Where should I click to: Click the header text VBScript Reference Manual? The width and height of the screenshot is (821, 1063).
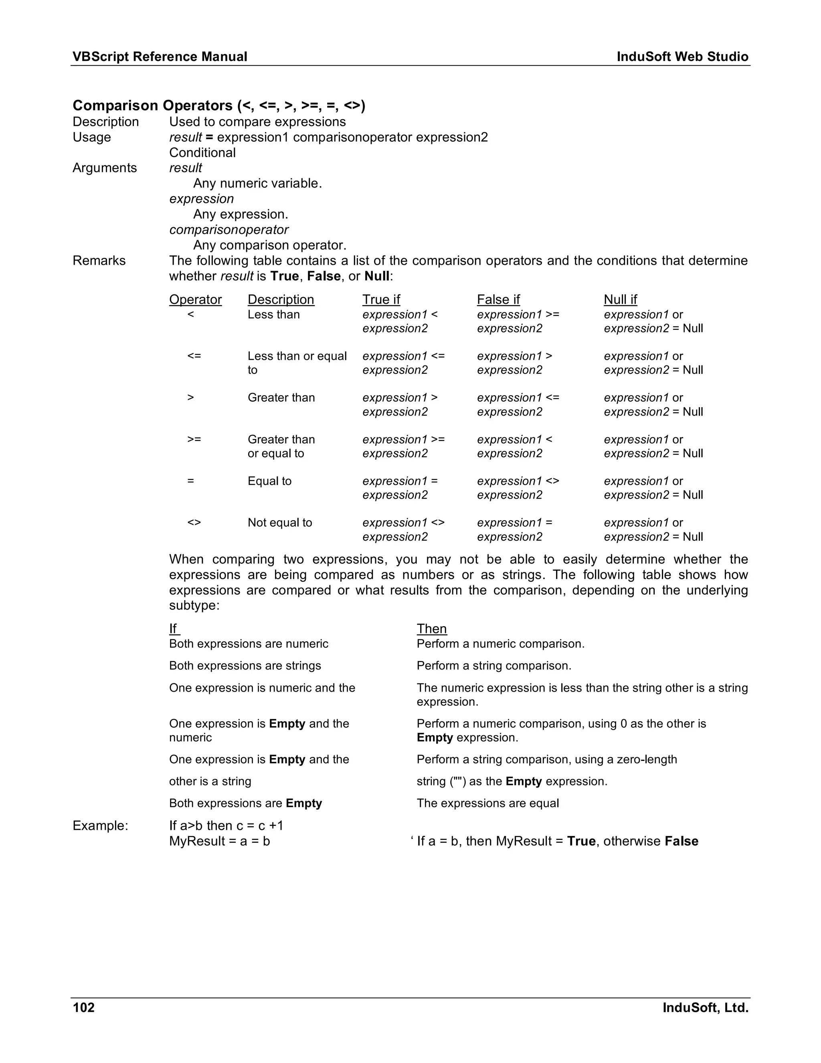click(160, 57)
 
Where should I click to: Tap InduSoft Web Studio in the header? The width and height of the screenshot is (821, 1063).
click(682, 57)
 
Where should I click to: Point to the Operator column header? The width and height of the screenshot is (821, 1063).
click(195, 299)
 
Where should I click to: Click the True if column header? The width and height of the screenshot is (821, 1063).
click(381, 299)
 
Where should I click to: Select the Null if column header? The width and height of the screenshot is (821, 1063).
click(620, 299)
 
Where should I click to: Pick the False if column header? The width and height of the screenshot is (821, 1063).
click(498, 299)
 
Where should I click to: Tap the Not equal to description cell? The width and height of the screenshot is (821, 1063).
click(280, 522)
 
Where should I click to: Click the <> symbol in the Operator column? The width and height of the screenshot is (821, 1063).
click(194, 522)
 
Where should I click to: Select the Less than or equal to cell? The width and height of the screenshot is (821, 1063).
click(297, 363)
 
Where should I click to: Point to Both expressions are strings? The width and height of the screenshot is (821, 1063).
click(245, 665)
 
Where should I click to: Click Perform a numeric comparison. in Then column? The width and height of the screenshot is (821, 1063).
click(500, 643)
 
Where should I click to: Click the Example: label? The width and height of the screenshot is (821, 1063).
click(100, 826)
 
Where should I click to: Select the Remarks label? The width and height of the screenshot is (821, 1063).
click(99, 260)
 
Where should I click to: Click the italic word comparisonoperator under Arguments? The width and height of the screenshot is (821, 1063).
click(229, 230)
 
